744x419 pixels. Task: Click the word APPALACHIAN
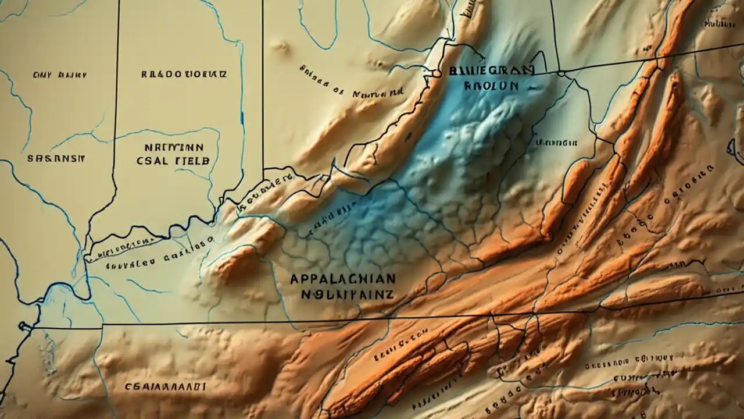click(342, 278)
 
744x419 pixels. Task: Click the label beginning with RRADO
click(184, 74)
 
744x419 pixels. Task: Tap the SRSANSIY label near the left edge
click(56, 158)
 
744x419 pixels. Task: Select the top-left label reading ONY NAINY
click(60, 74)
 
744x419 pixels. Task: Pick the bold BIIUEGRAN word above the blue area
click(491, 70)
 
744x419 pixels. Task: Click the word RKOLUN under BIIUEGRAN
click(491, 85)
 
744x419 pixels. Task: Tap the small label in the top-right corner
click(720, 24)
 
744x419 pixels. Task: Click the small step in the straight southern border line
click(532, 314)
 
